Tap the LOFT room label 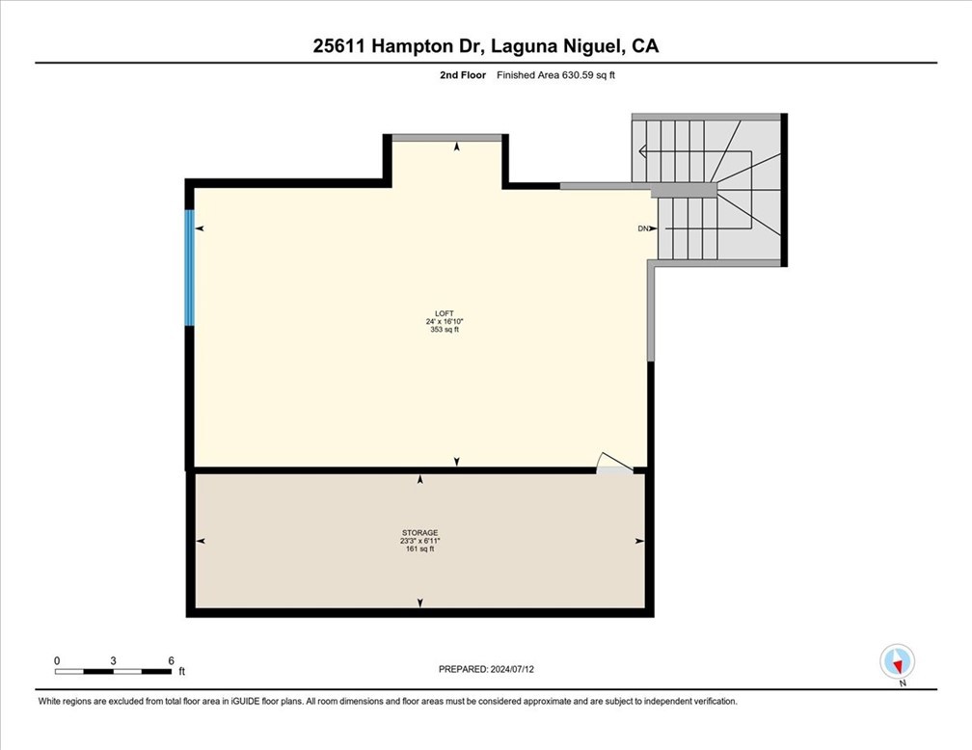tap(444, 313)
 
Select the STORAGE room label tap(420, 532)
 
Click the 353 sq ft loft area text tap(444, 330)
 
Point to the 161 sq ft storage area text tap(420, 549)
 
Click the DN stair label tap(643, 228)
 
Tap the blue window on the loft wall tap(190, 267)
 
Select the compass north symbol tap(898, 662)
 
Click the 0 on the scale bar tap(57, 660)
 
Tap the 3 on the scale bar tap(114, 660)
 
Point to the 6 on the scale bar tap(171, 660)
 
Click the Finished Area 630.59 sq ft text tap(554, 74)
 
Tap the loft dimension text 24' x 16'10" tap(444, 321)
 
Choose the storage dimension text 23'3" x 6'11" tap(420, 541)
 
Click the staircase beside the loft tap(718, 193)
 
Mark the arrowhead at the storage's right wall tap(640, 542)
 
